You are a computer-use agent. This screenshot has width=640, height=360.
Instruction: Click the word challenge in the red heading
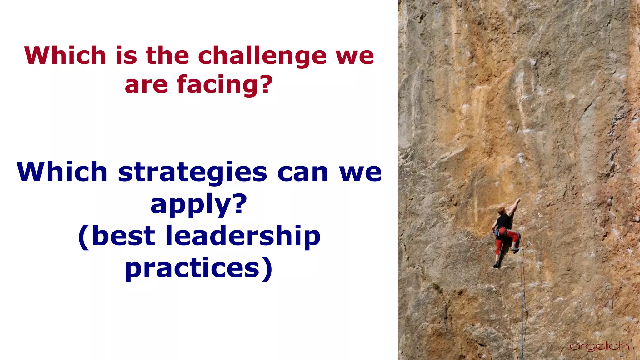tap(262, 56)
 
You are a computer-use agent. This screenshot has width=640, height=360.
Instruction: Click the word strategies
tap(192, 173)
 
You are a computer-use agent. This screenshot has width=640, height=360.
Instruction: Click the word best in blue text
tap(123, 236)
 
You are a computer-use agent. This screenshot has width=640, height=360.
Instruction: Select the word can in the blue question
tap(302, 172)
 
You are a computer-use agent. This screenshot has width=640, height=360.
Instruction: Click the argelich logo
tap(599, 346)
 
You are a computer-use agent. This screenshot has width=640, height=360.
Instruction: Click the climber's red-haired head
tap(501, 210)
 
